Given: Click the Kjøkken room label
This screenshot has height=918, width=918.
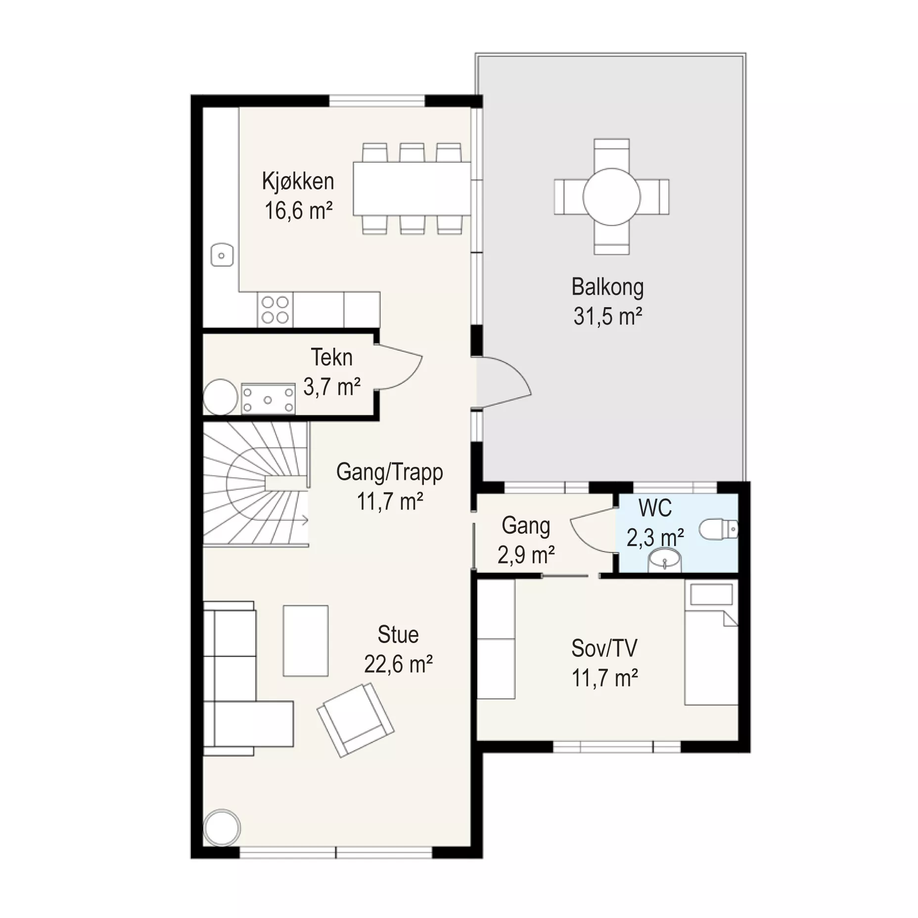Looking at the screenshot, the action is tap(298, 182).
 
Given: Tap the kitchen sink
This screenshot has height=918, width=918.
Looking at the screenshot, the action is tap(222, 256).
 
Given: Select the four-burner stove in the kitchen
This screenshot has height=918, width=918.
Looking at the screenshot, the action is tap(275, 310).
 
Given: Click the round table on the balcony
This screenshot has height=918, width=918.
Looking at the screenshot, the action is tap(612, 197).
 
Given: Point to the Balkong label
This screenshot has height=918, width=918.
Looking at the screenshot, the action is tap(607, 287).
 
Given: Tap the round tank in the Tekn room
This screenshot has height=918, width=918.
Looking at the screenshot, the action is tap(221, 397).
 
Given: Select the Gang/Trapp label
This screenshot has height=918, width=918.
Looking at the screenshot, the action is tap(389, 472).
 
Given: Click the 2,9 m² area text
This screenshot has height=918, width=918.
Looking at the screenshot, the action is tap(526, 555).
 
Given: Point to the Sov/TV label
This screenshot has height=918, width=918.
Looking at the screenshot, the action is tap(604, 648).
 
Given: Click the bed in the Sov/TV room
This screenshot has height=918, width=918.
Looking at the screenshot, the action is tap(711, 642).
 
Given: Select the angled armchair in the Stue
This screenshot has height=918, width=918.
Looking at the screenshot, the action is tap(355, 720).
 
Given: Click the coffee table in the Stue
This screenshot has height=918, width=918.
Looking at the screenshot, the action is tap(305, 641).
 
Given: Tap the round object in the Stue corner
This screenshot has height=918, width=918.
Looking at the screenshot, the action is tap(222, 827).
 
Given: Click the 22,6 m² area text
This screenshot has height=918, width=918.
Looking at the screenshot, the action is tap(398, 664).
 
